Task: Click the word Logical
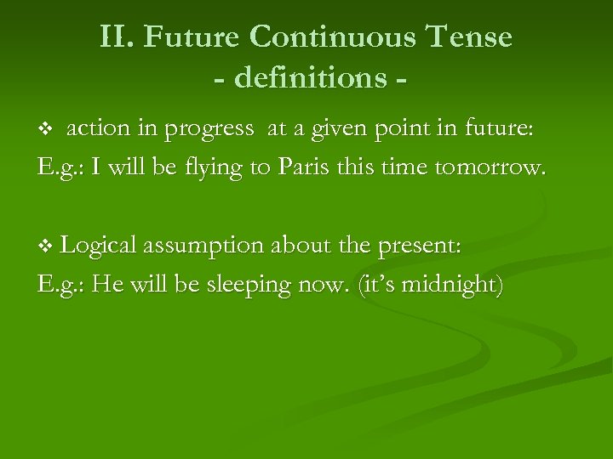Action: tap(100, 246)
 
